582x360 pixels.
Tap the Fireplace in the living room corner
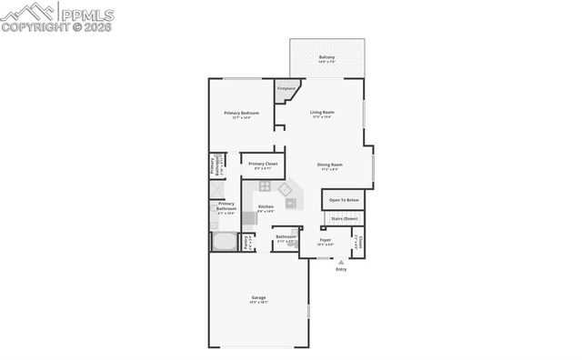pos(286,89)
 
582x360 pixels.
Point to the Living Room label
pos(323,114)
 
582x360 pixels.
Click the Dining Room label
pos(329,165)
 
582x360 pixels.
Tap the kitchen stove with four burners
pos(265,186)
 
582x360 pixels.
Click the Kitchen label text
pos(266,207)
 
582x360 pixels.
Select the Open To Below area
pos(344,199)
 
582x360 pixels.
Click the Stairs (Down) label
pos(344,218)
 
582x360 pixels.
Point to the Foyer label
pos(325,241)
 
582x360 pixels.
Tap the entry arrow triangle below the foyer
pos(341,261)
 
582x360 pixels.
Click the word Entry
pos(341,269)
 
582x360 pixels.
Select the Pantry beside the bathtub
pos(246,242)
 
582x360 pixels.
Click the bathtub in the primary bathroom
pos(224,242)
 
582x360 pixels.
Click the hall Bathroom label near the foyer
pos(286,237)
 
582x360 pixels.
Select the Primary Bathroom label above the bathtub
pos(226,206)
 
